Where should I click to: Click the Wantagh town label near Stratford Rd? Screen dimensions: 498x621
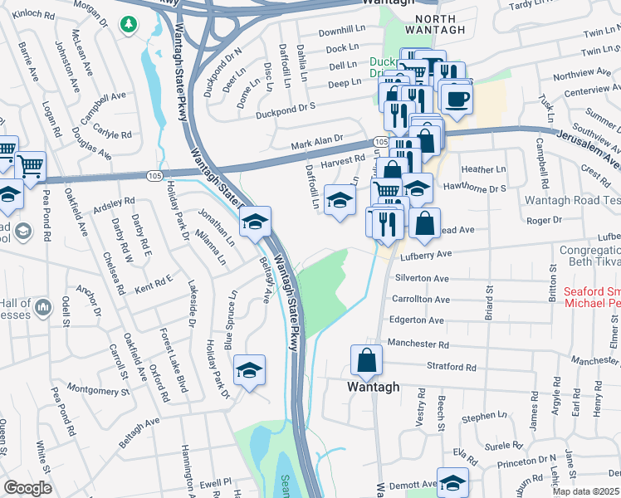373,387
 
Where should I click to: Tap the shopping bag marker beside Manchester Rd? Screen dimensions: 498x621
365,361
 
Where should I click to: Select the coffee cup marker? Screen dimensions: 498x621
455,100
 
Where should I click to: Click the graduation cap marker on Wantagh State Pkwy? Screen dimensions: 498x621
256,222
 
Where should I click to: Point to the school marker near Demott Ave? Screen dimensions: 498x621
452,482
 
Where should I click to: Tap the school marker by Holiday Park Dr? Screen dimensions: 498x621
247,371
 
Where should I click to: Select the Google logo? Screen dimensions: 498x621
27,488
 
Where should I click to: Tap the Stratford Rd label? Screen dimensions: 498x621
453,366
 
